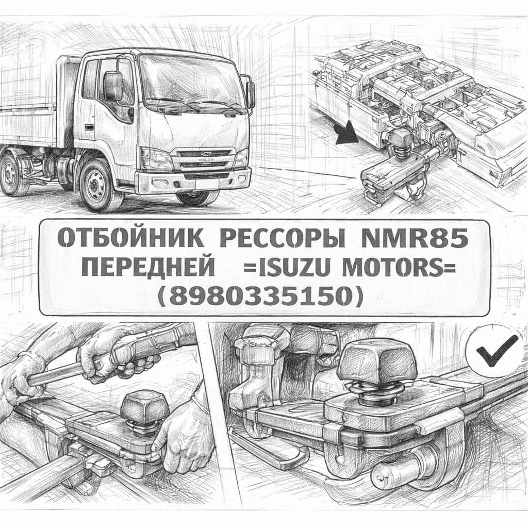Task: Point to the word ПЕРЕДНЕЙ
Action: pos(148,268)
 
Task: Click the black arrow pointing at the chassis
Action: pos(348,133)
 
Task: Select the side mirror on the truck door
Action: pos(113,86)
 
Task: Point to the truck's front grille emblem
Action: pos(205,154)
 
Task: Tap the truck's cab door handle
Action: pos(90,127)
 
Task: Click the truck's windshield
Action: pos(192,82)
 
